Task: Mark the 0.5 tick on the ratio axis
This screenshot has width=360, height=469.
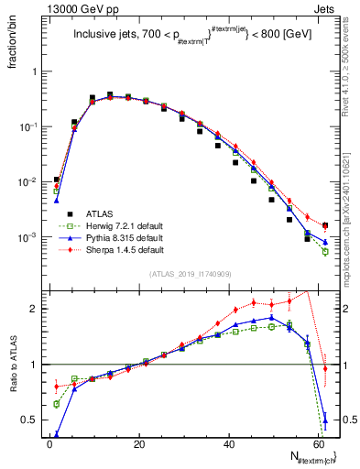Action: [x=31, y=420]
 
